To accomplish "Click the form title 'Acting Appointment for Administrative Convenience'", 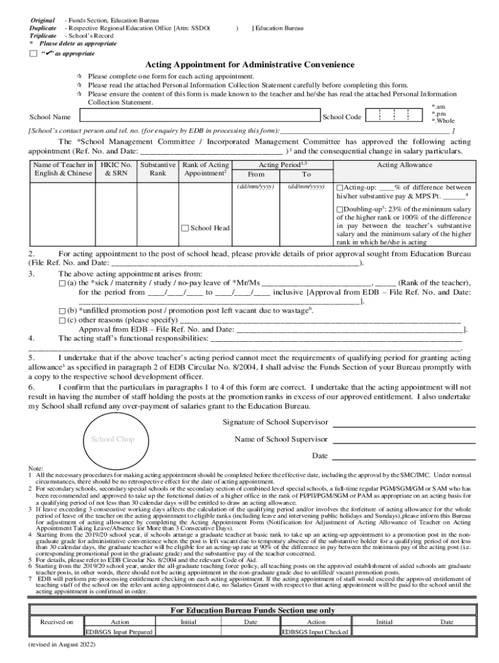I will click(250, 65).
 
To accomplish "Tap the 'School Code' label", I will click(342, 117).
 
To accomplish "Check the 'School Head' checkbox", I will click(185, 228).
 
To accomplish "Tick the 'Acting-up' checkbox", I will click(340, 187).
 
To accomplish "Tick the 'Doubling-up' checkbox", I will click(340, 209).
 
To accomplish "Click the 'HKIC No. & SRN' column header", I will click(117, 169).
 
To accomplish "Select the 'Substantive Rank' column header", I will click(157, 169).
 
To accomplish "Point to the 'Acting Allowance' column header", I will click(404, 165).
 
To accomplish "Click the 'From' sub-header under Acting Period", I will click(256, 175).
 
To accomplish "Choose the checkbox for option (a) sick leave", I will click(62, 284).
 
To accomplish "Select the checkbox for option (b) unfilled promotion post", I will click(62, 311).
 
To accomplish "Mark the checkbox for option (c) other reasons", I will click(62, 320).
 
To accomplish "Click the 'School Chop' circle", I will click(113, 440).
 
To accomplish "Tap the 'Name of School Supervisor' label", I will click(281, 440).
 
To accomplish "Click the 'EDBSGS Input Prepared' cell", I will click(119, 632).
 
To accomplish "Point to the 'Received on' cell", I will click(56, 622).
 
